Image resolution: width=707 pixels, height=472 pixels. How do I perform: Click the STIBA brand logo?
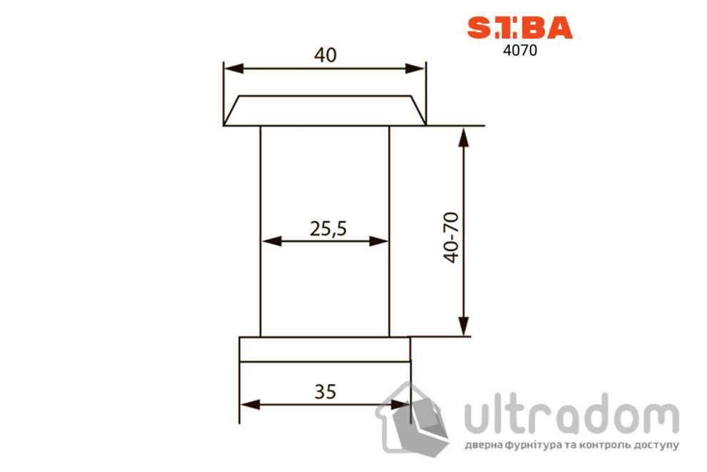pyautogui.click(x=519, y=27)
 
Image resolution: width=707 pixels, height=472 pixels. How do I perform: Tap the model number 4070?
pyautogui.click(x=519, y=51)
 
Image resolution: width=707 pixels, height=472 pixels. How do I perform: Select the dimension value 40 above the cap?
pyautogui.click(x=324, y=55)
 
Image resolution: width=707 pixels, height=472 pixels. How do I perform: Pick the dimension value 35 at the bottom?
pyautogui.click(x=324, y=391)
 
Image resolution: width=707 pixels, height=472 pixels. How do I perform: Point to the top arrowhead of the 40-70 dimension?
pyautogui.click(x=464, y=137)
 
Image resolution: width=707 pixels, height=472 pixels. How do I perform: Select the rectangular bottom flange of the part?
pyautogui.click(x=324, y=349)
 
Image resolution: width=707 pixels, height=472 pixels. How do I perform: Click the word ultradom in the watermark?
pyautogui.click(x=571, y=415)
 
